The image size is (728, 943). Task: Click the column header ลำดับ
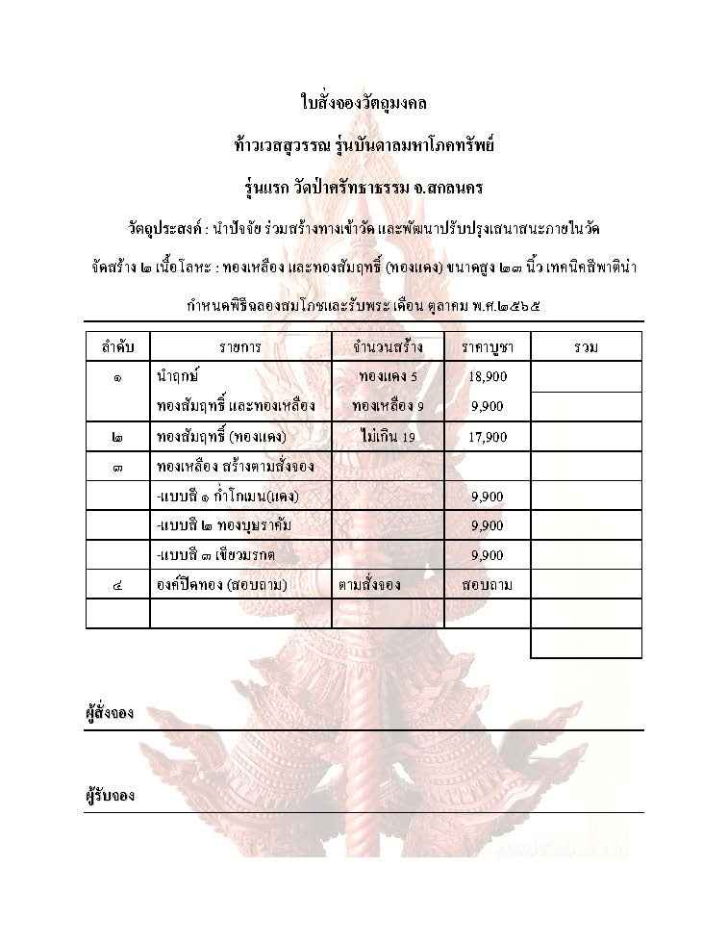[x=117, y=346]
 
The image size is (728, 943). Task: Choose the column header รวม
[x=585, y=346]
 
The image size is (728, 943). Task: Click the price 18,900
[x=488, y=376]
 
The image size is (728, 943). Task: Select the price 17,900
[x=488, y=438]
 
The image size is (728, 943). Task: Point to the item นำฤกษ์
[x=177, y=376]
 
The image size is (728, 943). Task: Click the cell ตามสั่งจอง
[x=369, y=584]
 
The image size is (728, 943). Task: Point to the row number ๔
[x=117, y=584]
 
